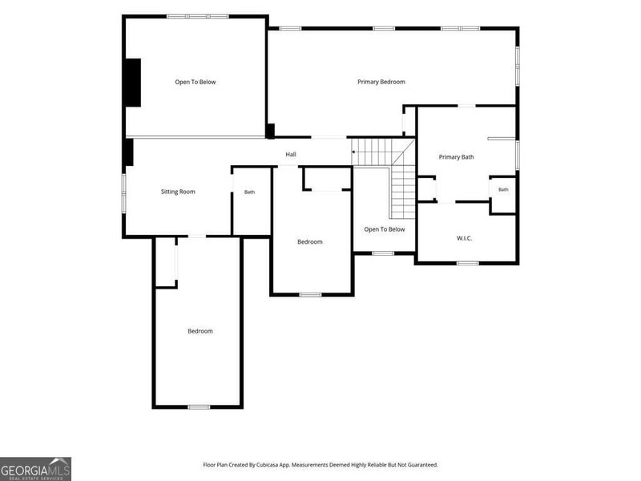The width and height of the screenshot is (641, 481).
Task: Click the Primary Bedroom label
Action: point(381,82)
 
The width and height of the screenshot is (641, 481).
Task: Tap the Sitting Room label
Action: point(178,192)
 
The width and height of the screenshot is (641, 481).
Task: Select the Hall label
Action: point(291,154)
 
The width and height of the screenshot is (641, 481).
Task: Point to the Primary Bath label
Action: point(456,157)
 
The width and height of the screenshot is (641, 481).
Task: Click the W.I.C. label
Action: point(465,238)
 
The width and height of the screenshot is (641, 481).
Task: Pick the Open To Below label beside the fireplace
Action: point(196,82)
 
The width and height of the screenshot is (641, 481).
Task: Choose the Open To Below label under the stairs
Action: point(385,229)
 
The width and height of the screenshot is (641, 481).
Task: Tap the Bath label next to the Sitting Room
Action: point(249,192)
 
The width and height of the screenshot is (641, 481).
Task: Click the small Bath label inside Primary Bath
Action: point(503,189)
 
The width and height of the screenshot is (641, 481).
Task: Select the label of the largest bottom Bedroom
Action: point(200,331)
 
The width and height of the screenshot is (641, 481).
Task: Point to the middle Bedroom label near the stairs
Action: point(310,242)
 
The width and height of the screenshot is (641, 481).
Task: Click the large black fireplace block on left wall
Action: point(133,83)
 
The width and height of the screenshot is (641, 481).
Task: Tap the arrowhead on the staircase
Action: point(353,152)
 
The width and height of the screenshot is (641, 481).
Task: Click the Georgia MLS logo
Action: point(35,469)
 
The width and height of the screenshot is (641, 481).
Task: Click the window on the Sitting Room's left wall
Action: point(123,193)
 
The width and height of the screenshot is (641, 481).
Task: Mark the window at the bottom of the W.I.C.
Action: point(468,263)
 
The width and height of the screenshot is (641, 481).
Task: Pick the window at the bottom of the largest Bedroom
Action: point(199,407)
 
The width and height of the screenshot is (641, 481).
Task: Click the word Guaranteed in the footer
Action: point(424,465)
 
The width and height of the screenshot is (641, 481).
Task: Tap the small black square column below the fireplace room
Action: point(270,131)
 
